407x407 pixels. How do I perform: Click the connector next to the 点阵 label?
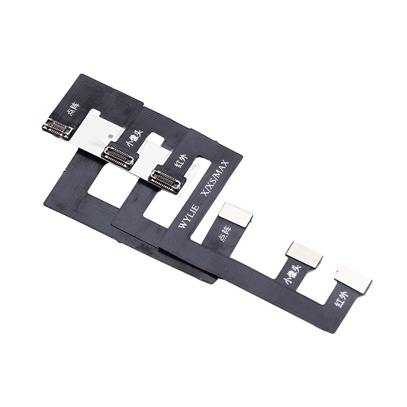[x=57, y=129]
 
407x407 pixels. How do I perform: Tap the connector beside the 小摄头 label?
[x=119, y=157]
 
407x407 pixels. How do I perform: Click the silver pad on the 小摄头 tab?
[x=304, y=254]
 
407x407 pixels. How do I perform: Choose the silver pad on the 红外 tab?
[x=353, y=279]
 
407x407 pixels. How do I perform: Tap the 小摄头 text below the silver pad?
[x=294, y=275]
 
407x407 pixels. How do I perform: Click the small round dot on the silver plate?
[x=111, y=137]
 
